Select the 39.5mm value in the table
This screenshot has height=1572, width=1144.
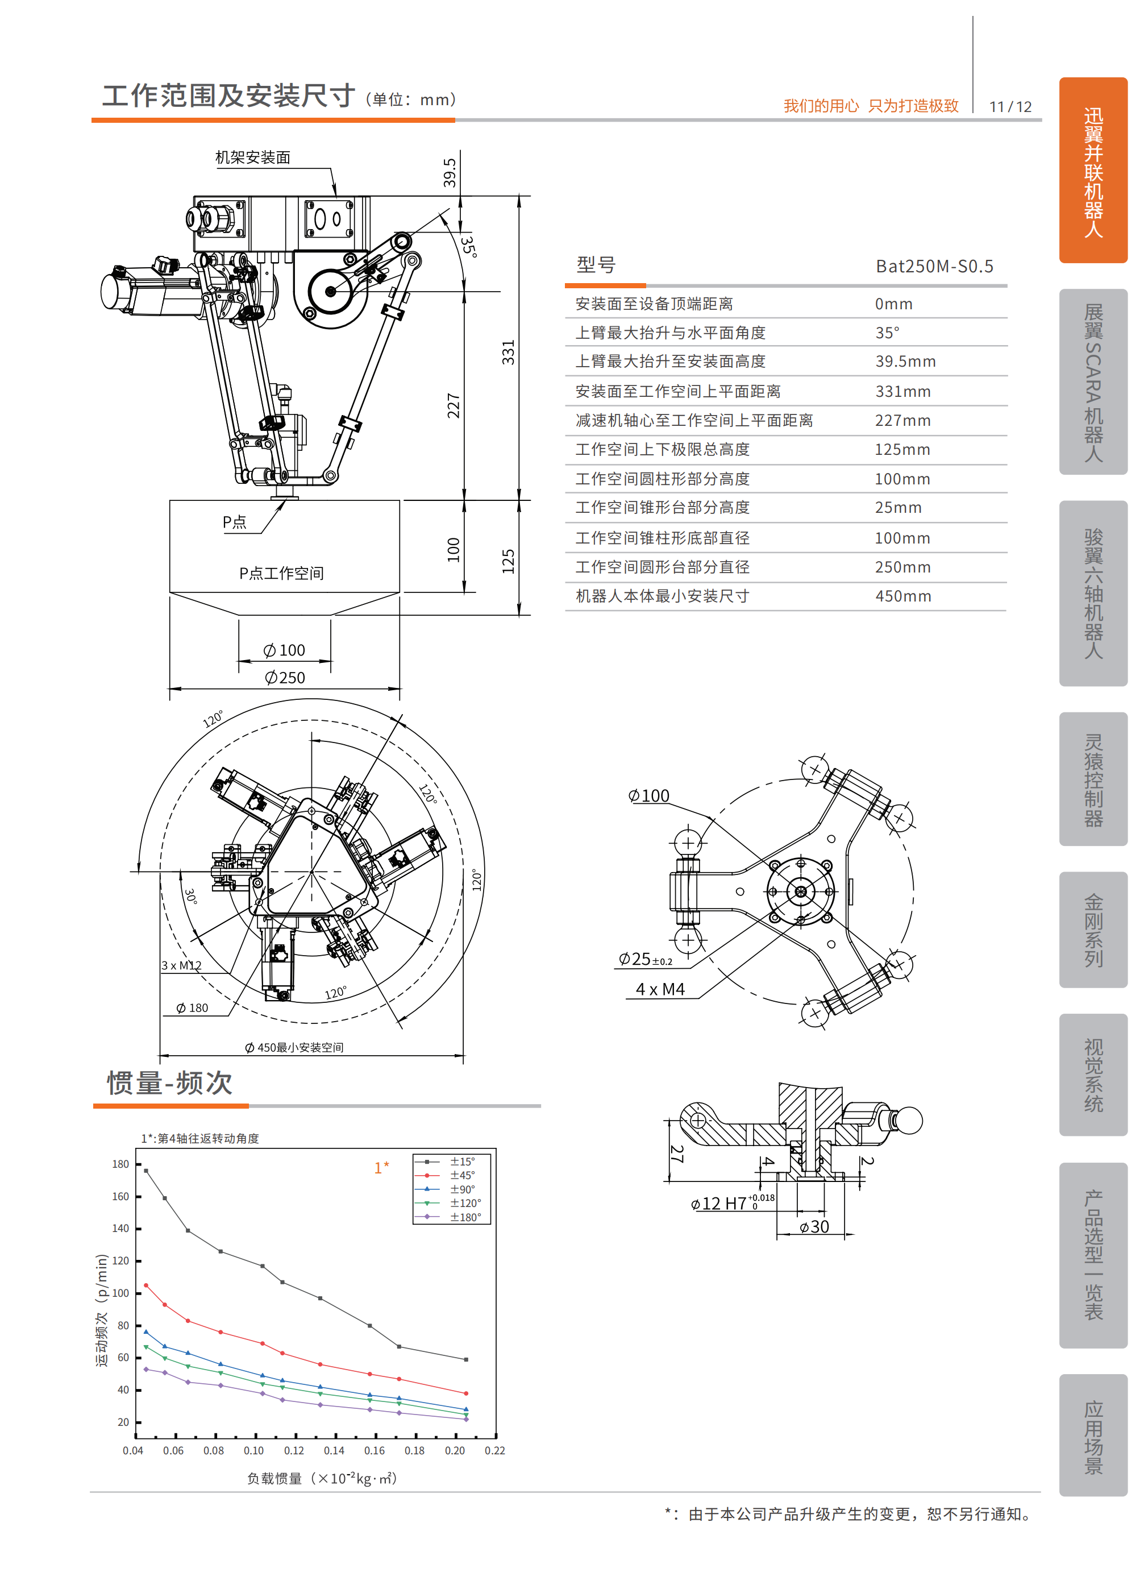905,361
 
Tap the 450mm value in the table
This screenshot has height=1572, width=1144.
903,596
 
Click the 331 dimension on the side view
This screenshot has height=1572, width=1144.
508,352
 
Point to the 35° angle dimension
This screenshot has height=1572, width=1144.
469,246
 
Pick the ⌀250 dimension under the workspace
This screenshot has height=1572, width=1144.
285,677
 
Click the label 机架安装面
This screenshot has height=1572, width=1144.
253,157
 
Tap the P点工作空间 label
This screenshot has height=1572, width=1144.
281,573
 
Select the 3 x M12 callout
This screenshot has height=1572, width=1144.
181,965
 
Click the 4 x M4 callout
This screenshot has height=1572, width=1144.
660,989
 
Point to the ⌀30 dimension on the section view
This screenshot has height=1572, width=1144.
814,1227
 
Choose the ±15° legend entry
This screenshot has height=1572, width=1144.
462,1162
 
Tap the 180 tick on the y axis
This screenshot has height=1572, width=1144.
120,1164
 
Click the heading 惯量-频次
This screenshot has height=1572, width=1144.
170,1082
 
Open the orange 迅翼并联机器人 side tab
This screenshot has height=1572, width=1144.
1093,171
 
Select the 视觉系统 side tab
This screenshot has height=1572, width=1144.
1093,1075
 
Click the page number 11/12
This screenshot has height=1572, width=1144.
1010,107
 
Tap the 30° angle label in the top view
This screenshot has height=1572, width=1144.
190,896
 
